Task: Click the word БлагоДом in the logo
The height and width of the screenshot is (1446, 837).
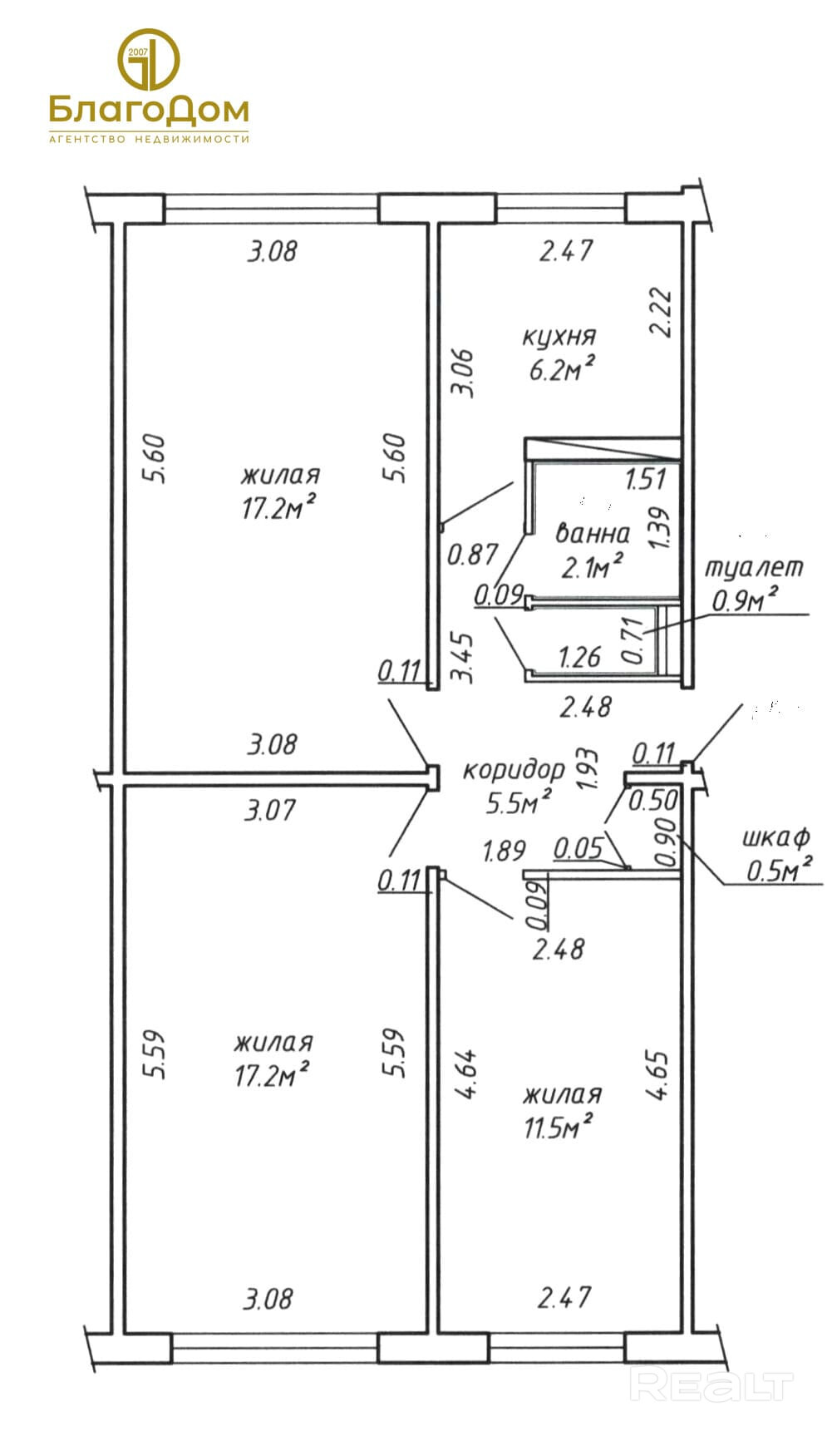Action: [149, 110]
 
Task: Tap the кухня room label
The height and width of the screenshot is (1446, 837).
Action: [559, 337]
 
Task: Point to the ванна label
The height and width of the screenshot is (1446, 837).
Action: [593, 532]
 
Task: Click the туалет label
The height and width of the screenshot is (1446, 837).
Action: [754, 567]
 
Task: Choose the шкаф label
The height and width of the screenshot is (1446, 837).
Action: [775, 837]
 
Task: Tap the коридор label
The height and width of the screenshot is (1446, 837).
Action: [513, 770]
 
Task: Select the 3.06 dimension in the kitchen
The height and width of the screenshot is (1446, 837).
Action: [465, 373]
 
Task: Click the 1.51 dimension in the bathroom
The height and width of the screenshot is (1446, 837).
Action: [645, 480]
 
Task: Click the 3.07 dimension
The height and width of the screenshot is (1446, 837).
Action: [269, 809]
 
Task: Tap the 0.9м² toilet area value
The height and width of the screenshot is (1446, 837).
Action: [745, 599]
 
